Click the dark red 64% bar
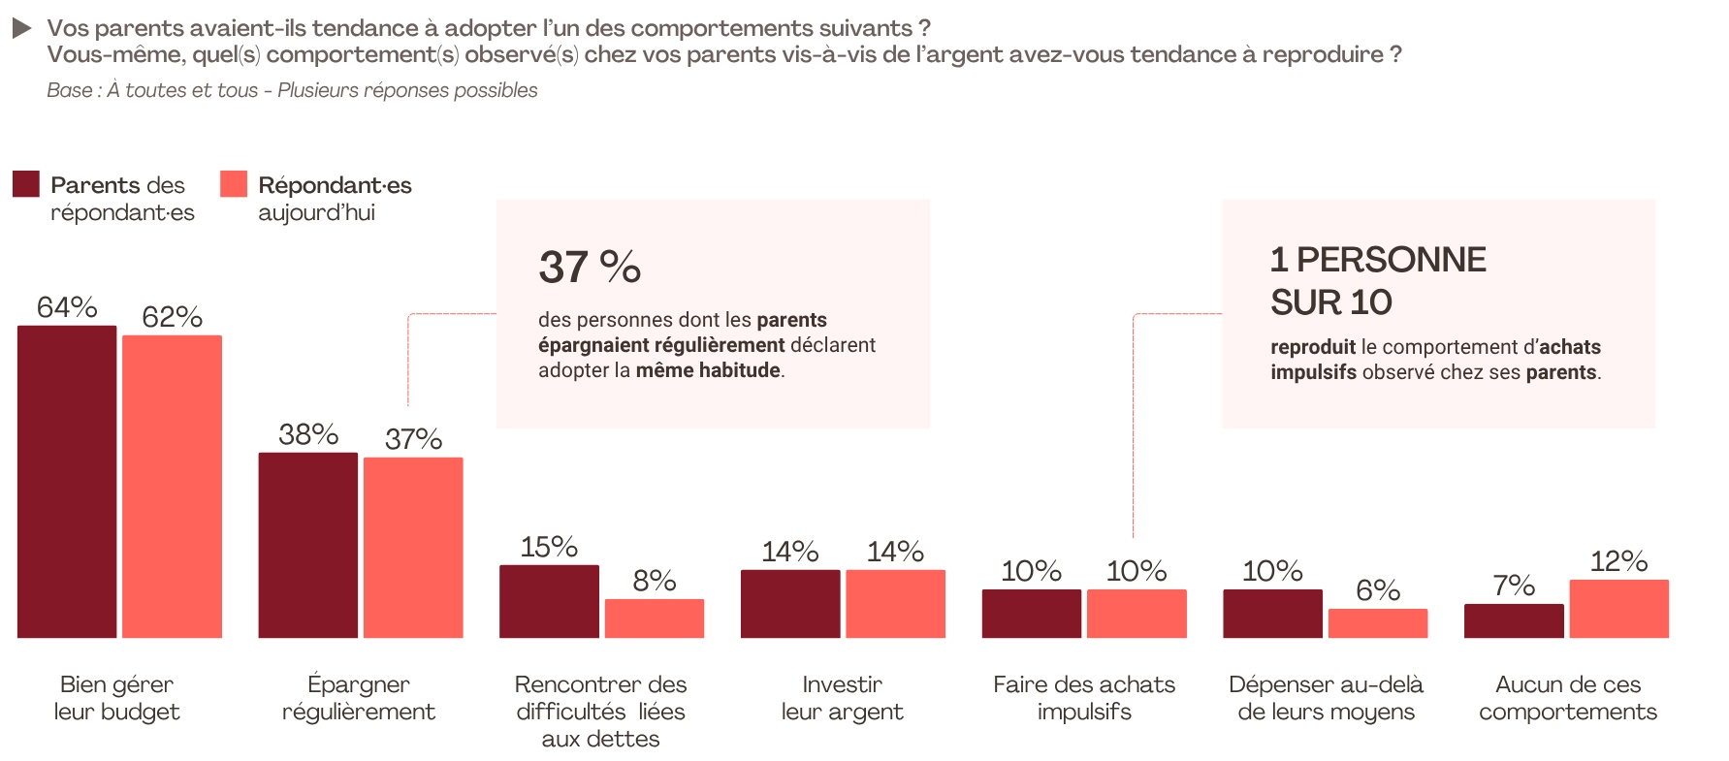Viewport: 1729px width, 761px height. (x=67, y=482)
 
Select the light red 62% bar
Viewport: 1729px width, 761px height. (x=172, y=487)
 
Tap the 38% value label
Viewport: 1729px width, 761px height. (x=308, y=434)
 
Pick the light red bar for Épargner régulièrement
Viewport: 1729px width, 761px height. (x=413, y=548)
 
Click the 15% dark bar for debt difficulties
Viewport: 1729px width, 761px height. (x=549, y=601)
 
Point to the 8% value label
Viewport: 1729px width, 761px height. (x=655, y=581)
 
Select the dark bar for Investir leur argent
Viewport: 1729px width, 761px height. (x=790, y=604)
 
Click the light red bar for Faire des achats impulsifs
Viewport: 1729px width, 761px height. (x=1137, y=614)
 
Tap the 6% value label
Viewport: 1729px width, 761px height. (x=1378, y=590)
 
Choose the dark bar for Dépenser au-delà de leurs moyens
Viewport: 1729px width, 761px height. (x=1272, y=614)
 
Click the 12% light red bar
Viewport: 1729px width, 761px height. (x=1618, y=609)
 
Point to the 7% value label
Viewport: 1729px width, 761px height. (x=1514, y=586)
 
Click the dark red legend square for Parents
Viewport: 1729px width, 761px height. (x=26, y=184)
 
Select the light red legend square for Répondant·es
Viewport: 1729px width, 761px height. (x=234, y=184)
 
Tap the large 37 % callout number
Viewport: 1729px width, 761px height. (x=590, y=267)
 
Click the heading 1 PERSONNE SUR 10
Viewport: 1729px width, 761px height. (x=1377, y=280)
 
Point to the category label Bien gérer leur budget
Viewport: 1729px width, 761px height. (x=116, y=698)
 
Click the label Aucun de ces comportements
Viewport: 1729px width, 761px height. (x=1567, y=698)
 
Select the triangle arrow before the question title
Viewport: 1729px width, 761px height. (x=22, y=29)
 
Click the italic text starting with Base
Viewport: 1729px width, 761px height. (x=292, y=90)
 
